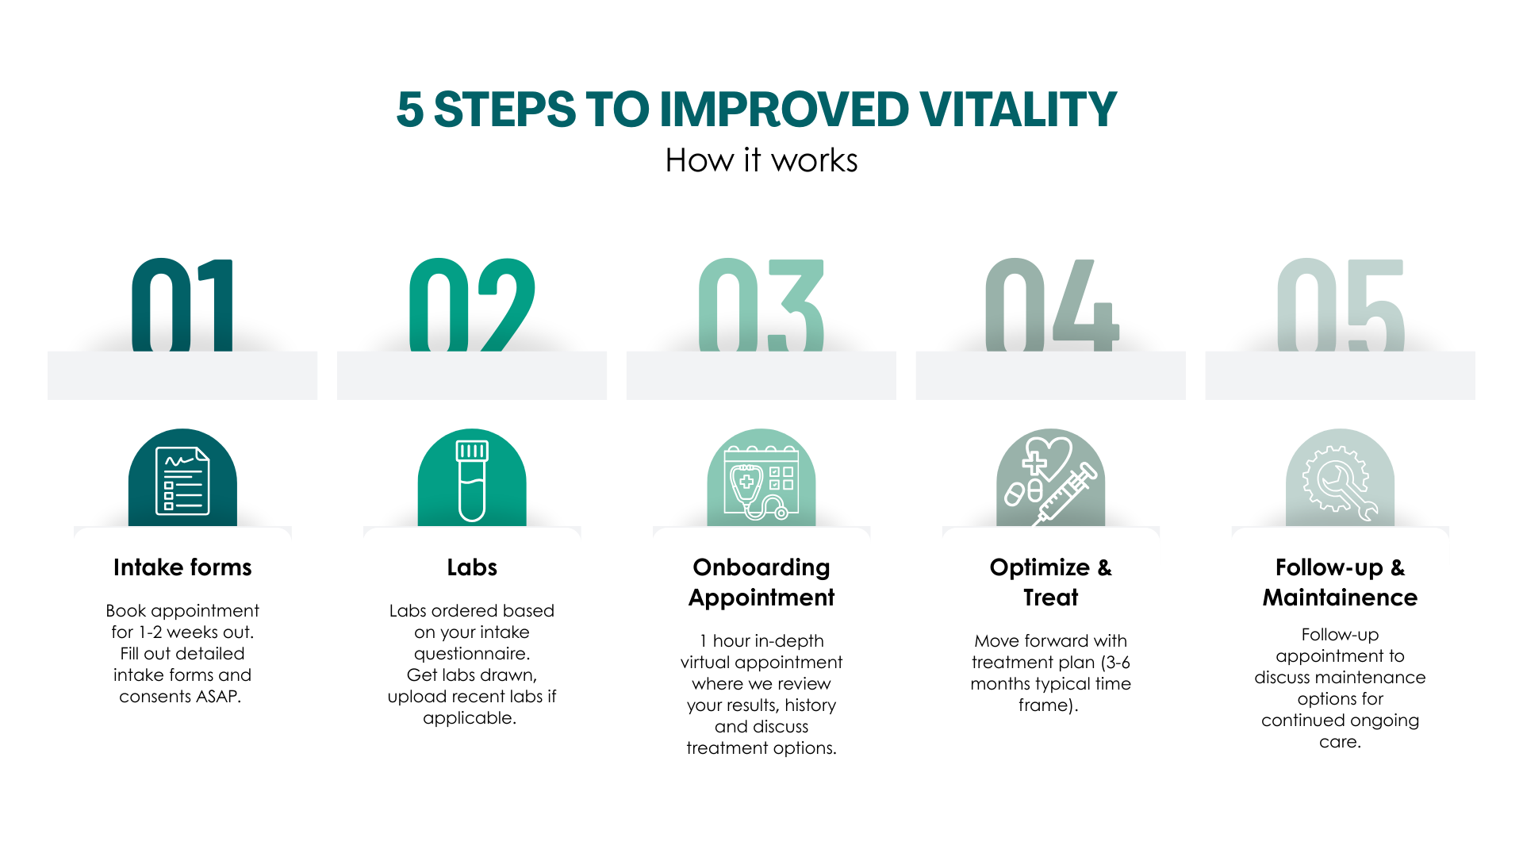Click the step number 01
[x=181, y=305]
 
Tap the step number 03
[x=759, y=305]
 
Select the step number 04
[x=1049, y=305]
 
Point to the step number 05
[x=1338, y=305]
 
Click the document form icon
[x=182, y=481]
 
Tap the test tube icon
[x=472, y=481]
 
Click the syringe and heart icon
[x=1050, y=481]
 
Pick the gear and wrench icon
[x=1340, y=481]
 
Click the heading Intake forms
[x=182, y=567]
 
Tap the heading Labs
[x=472, y=567]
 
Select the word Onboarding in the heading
[x=761, y=567]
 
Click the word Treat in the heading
[x=1050, y=598]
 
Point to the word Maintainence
[x=1340, y=598]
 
